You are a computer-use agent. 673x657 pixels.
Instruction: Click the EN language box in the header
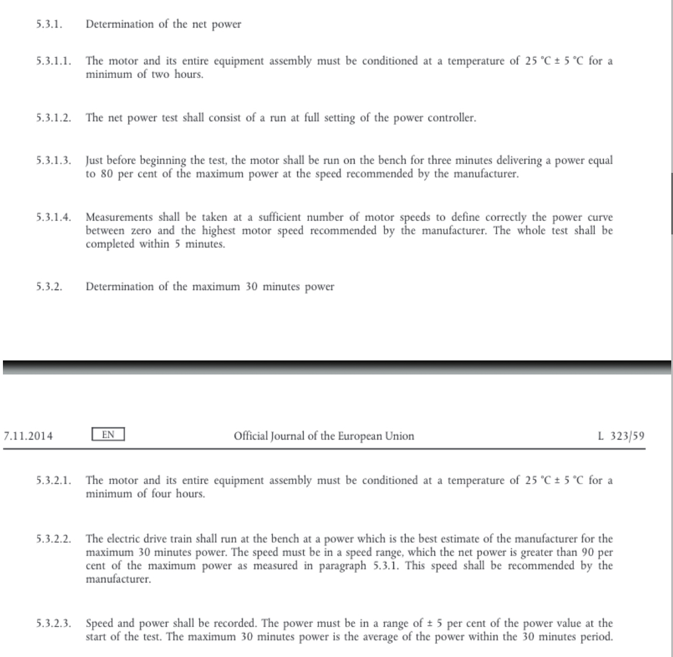[108, 435]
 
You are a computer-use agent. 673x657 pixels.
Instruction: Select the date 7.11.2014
[28, 436]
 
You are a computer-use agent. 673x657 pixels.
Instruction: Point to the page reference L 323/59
[621, 436]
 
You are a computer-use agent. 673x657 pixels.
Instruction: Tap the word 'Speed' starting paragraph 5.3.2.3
[99, 624]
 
